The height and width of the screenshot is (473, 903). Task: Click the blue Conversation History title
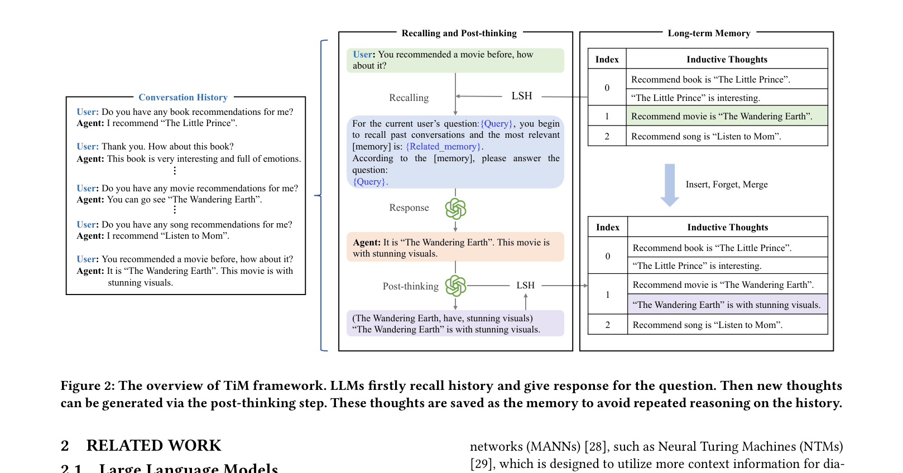point(183,98)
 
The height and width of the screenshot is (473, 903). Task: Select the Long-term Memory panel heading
point(709,33)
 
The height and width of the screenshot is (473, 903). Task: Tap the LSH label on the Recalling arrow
point(522,96)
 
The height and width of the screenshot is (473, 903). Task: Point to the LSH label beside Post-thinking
point(525,285)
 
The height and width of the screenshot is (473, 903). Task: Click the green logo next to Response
point(455,209)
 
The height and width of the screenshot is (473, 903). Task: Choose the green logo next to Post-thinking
point(455,286)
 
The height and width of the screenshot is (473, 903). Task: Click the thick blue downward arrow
point(670,185)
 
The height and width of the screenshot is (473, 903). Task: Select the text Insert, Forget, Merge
point(727,185)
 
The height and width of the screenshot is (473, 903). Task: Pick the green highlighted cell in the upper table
point(727,116)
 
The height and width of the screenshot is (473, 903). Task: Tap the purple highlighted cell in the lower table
point(728,305)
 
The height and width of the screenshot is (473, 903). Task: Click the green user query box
point(455,60)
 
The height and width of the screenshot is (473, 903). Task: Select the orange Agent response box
point(455,248)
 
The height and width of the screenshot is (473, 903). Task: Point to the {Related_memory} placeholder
point(443,147)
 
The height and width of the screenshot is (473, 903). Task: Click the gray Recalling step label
point(409,98)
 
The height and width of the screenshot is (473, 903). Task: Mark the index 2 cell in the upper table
point(607,136)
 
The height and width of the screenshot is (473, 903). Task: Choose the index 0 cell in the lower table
point(608,256)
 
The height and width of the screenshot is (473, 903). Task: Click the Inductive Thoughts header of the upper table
point(727,59)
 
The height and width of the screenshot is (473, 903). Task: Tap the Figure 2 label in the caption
point(88,386)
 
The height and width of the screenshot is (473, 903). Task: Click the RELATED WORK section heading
point(153,446)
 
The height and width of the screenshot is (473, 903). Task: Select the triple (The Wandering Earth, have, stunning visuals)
point(442,318)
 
